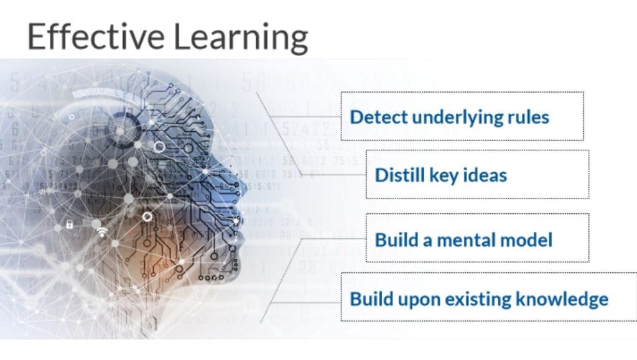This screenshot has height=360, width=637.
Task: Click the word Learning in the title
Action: (x=241, y=38)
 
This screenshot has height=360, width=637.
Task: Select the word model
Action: (x=526, y=239)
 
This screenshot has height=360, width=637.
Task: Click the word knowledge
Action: (x=562, y=300)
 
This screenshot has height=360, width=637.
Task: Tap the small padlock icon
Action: (x=70, y=224)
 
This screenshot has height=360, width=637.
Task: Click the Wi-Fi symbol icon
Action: (x=103, y=232)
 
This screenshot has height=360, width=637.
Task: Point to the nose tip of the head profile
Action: (x=244, y=188)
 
